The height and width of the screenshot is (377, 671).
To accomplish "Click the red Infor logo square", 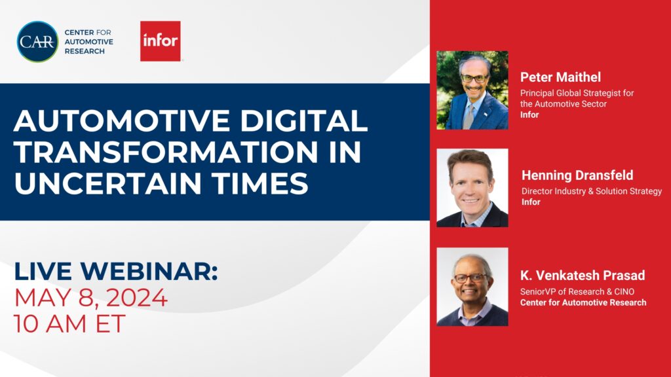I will tap(160, 41).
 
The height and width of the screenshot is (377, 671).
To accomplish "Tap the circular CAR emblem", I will tap(37, 41).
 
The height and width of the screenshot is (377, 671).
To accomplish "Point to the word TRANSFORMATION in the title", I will tap(152, 152).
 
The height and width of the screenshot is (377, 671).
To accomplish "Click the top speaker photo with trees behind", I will tap(472, 90).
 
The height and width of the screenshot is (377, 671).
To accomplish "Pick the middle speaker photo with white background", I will tap(472, 188).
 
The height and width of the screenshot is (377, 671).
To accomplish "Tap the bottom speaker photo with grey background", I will tap(472, 287).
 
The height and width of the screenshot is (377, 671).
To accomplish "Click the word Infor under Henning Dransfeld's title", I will tap(531, 202).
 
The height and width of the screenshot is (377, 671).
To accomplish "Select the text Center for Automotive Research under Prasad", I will tap(583, 302).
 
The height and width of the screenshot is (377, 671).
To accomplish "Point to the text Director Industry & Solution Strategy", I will tap(591, 191).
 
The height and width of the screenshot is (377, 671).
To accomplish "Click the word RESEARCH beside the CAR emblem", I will tap(83, 51).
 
